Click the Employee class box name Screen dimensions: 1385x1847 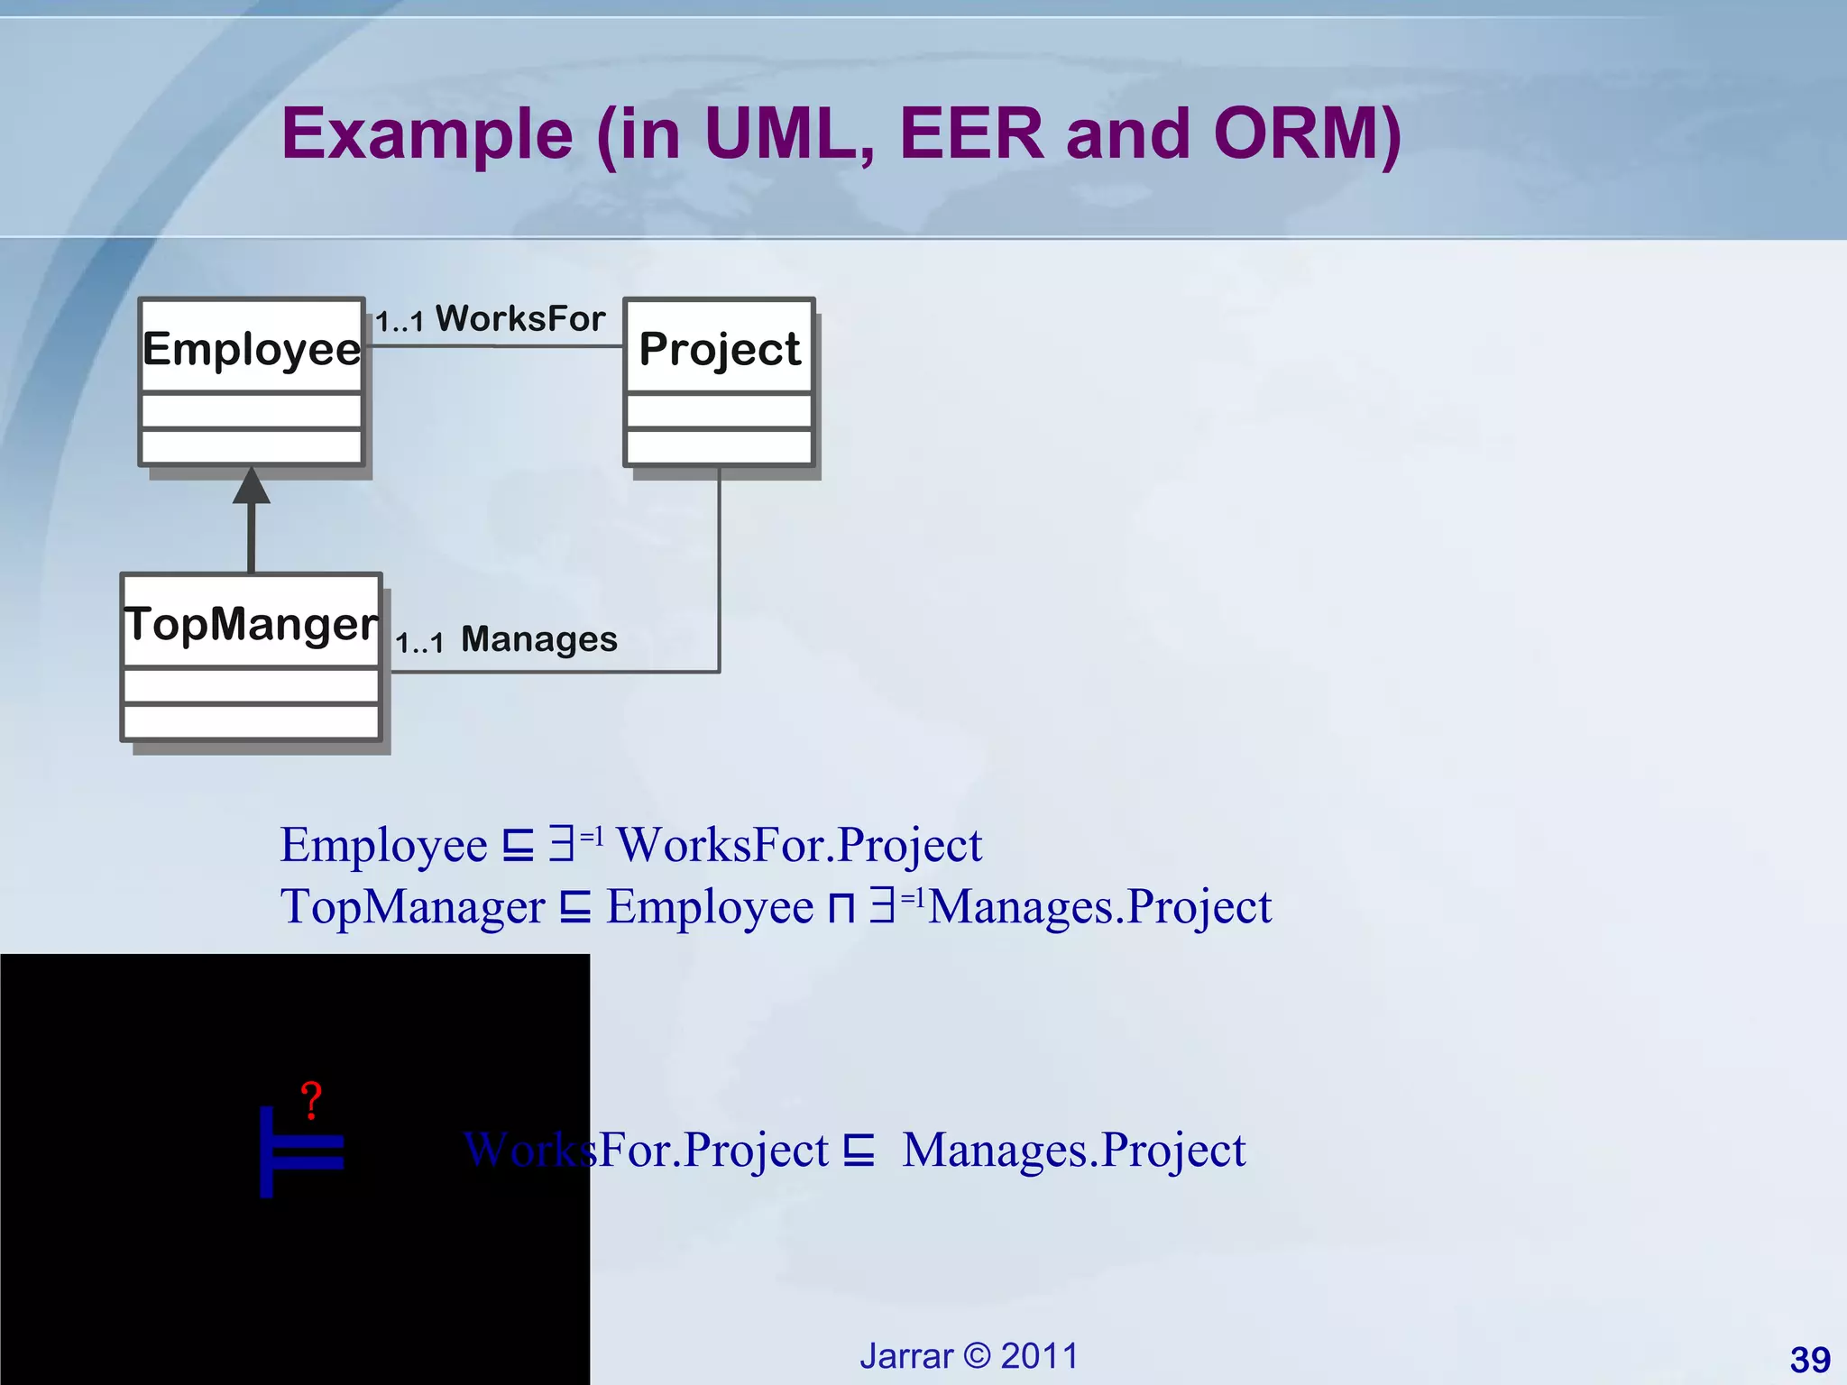pos(252,348)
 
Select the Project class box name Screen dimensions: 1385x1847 pos(719,348)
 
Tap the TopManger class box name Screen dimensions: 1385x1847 pos(252,623)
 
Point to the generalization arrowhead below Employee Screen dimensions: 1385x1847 pos(252,487)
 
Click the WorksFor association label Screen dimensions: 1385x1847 pos(520,318)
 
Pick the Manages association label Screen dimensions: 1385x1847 pos(538,639)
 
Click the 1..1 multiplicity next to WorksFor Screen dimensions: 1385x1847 pos(400,322)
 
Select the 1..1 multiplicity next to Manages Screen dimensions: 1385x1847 pos(419,643)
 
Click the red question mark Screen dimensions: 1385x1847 pos(311,1101)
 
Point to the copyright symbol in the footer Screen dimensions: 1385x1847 pos(977,1356)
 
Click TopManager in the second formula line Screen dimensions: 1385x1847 pos(412,906)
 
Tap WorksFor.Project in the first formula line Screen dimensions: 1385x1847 pos(799,845)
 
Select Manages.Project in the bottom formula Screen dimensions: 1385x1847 pos(1073,1150)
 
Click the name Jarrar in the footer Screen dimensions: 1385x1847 pos(905,1356)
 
